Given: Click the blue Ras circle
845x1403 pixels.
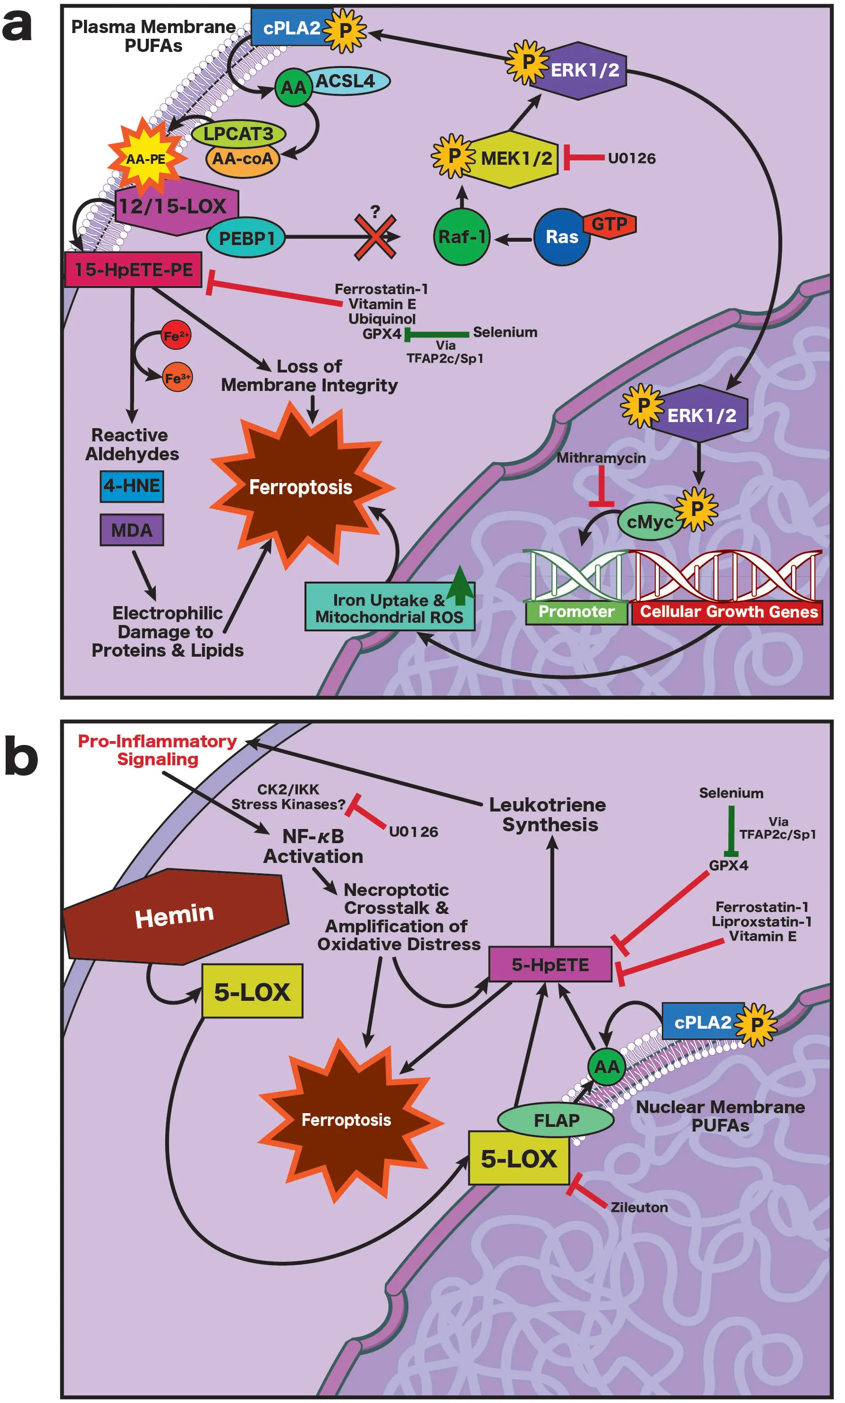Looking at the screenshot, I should [x=561, y=237].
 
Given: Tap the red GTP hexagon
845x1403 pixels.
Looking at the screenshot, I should [x=610, y=224].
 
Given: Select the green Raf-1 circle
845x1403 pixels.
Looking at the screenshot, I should [x=461, y=237].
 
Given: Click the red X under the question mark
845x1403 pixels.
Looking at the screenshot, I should [x=375, y=237].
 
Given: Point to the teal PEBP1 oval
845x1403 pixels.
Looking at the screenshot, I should [x=246, y=238].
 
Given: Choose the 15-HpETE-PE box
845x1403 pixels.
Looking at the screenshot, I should [x=133, y=270].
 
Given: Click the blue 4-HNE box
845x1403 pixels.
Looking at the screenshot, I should [x=132, y=486].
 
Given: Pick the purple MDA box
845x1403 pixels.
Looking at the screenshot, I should [x=132, y=530].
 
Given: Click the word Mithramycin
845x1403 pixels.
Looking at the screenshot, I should [x=601, y=458].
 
